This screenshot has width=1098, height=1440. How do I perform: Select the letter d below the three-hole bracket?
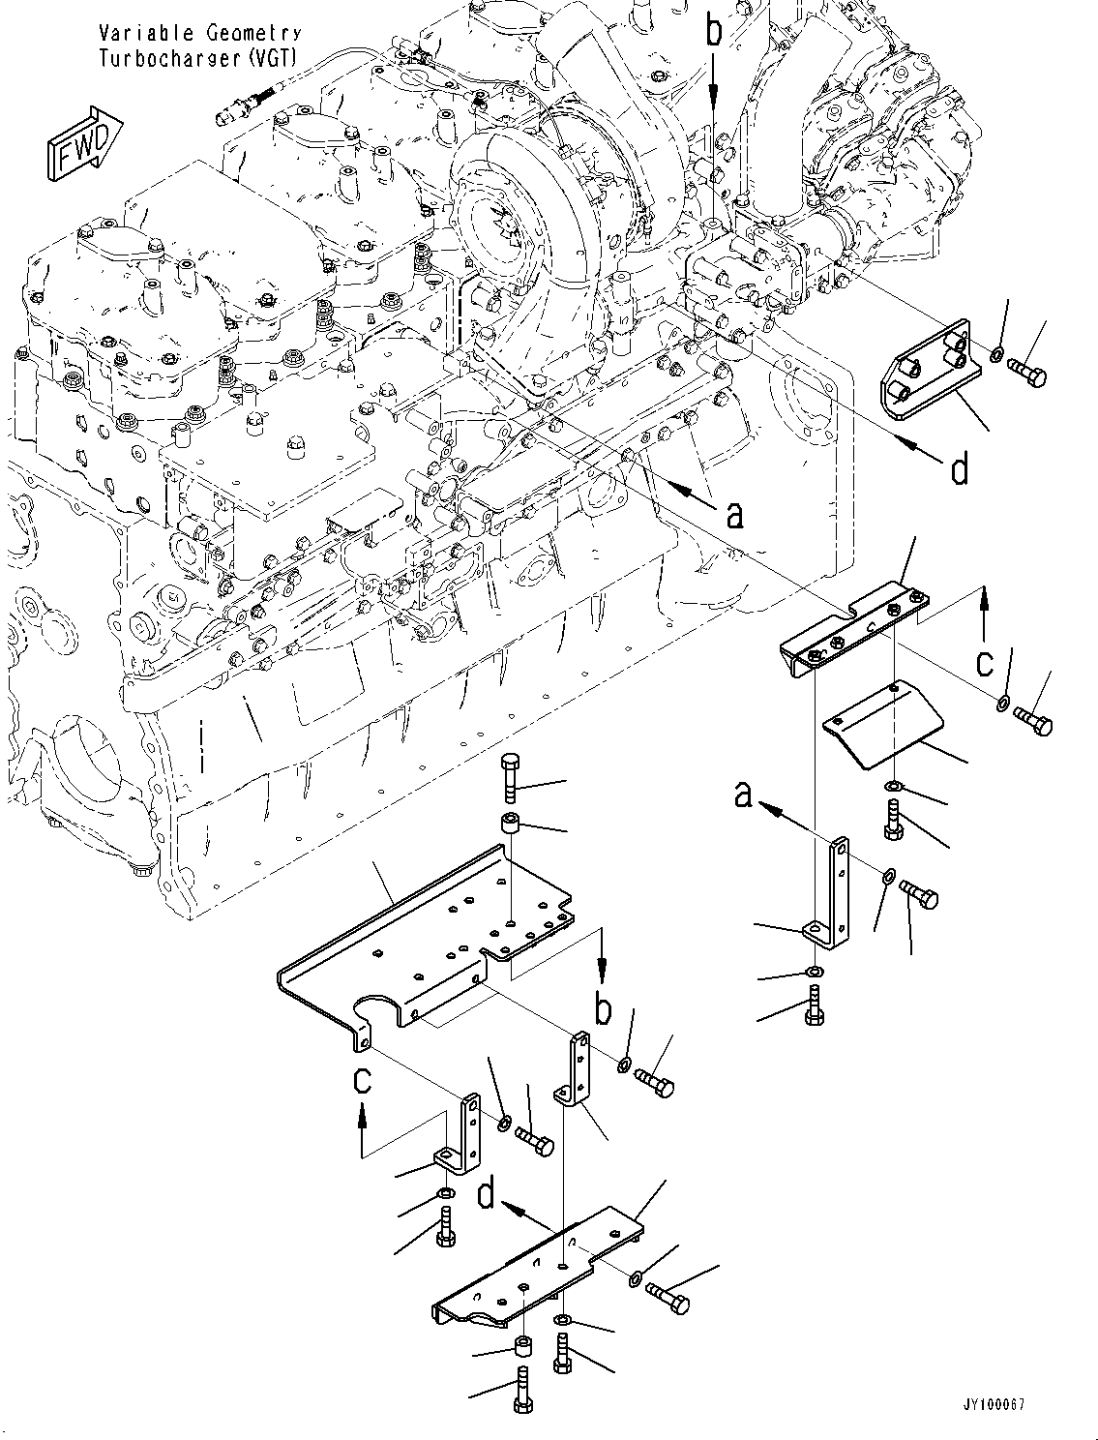point(959,470)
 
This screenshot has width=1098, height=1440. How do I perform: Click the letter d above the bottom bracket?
point(487,1195)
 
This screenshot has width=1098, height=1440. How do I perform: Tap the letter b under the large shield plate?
point(603,1009)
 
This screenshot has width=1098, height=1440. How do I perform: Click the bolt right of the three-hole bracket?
point(1026,372)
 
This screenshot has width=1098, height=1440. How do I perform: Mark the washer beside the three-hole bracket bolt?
point(996,356)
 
